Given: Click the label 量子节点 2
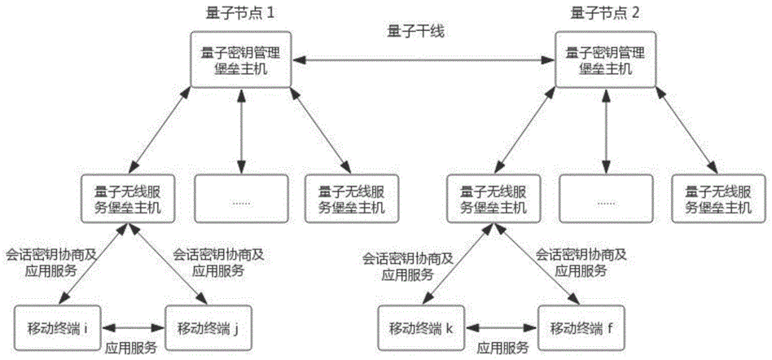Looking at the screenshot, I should tap(605, 13).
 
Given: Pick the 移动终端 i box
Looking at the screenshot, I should tap(57, 328).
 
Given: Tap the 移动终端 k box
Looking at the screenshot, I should tap(420, 328).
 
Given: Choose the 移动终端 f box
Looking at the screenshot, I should tap(576, 328).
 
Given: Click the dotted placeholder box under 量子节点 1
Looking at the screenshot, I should tap(241, 200).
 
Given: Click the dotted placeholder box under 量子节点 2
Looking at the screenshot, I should tap(605, 200).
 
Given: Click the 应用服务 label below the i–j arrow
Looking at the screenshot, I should tap(133, 346).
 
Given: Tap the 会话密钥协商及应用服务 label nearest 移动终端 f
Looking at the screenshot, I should tap(581, 263).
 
